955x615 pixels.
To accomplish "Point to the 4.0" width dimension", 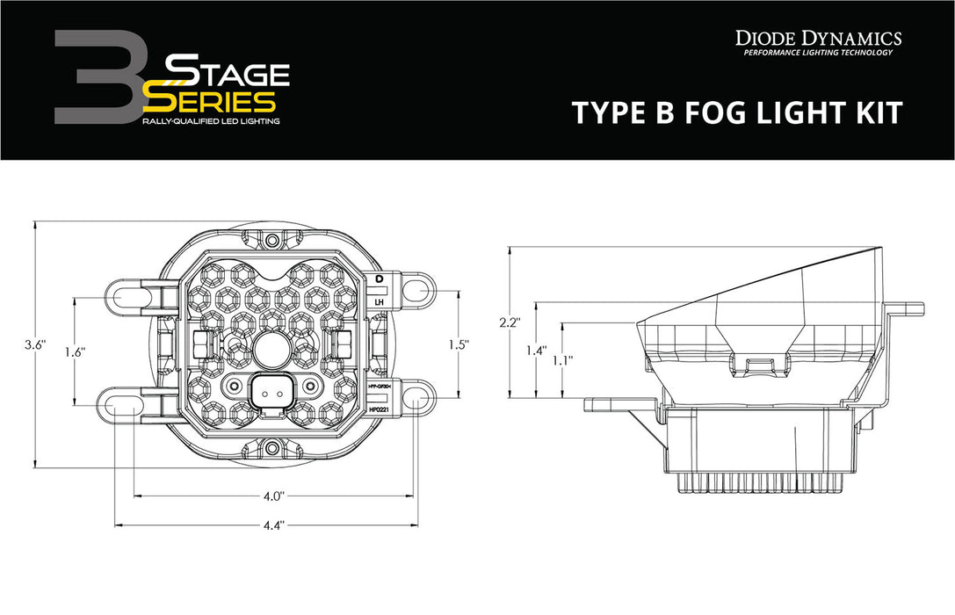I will click(272, 496).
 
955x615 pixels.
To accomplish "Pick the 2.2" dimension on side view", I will click(510, 322).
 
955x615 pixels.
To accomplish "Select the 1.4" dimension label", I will click(535, 351).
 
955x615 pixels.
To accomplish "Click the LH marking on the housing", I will click(380, 302).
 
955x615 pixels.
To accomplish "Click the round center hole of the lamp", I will click(272, 350).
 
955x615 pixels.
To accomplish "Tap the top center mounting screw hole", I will click(272, 240).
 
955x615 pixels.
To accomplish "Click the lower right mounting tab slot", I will click(420, 401).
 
